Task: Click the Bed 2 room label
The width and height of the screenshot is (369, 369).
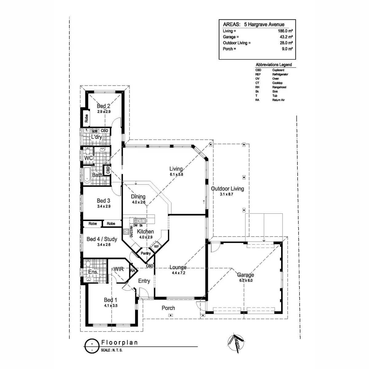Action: point(104,106)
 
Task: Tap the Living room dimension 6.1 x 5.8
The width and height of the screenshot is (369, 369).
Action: point(176,174)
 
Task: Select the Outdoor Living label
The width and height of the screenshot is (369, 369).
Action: point(227,188)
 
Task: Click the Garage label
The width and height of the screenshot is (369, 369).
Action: point(245,275)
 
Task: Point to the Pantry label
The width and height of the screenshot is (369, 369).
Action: point(146,253)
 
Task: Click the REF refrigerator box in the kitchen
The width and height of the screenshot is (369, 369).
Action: point(156,246)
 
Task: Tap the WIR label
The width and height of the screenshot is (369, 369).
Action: point(119,269)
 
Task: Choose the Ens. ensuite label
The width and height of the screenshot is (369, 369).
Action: point(93,272)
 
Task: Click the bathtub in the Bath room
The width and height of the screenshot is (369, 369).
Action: point(87,175)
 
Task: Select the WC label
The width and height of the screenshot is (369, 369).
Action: point(89,158)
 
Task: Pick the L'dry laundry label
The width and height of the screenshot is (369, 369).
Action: point(97,137)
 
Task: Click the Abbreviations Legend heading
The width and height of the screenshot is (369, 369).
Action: point(274,65)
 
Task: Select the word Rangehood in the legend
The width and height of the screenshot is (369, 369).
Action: point(279,87)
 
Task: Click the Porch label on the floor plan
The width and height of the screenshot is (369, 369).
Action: point(168,308)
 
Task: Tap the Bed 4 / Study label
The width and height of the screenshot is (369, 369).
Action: point(102,239)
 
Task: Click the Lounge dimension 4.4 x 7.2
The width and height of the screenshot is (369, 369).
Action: point(178,273)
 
